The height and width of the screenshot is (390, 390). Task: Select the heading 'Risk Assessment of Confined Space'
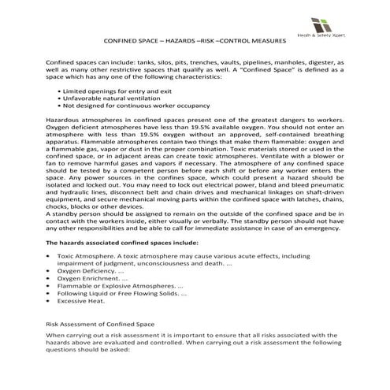(x=103, y=324)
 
